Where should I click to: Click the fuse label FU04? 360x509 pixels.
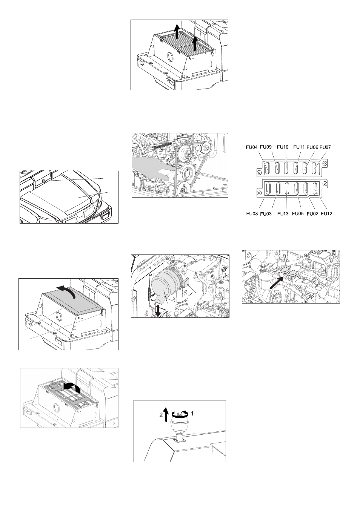252,147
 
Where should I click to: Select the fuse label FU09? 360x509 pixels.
266,147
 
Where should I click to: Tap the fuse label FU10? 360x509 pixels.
283,147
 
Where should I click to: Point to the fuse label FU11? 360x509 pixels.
299,147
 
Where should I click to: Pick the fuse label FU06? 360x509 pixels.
312,147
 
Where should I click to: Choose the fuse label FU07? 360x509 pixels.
325,147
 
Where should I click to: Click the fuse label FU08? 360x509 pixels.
252,214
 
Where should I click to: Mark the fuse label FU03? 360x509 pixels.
266,214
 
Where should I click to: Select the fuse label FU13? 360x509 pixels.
283,214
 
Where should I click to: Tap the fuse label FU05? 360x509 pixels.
298,214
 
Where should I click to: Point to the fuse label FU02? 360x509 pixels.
312,214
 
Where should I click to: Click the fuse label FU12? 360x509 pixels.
326,214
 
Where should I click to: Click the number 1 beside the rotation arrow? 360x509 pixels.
192,414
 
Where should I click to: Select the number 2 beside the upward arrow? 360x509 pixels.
161,415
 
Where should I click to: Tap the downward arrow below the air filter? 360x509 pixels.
158,311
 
